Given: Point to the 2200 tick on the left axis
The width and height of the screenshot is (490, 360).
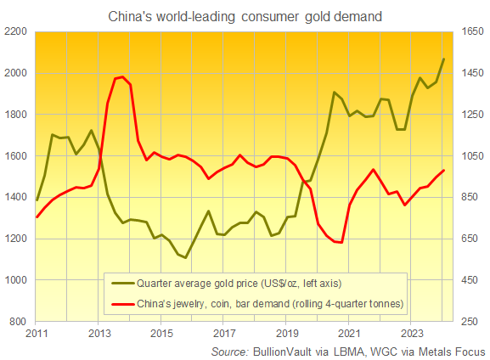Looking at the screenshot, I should pos(16,32).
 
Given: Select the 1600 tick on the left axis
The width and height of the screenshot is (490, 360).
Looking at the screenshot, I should pos(16,156).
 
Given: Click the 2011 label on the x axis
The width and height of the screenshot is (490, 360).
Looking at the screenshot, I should pos(37,334).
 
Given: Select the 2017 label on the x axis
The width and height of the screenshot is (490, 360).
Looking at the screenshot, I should pos(224,334).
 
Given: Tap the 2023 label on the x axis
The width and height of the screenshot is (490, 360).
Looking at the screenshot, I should pos(412,334).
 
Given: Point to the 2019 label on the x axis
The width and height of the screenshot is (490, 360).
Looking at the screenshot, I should pos(287,334).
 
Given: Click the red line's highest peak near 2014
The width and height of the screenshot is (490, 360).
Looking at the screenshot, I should pos(123,77).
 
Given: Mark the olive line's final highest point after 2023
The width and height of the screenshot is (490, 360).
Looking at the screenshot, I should pos(443,59).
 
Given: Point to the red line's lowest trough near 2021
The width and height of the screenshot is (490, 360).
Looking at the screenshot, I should pos(340,243).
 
